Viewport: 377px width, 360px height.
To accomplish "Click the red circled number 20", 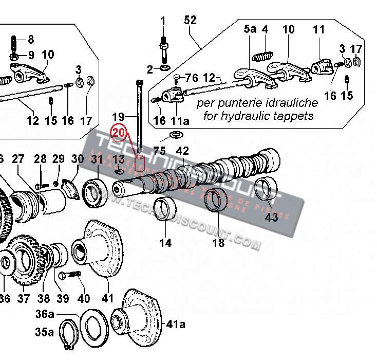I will tap(119, 133).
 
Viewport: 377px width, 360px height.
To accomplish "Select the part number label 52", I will tap(190, 20).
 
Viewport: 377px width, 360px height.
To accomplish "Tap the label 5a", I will tap(249, 29).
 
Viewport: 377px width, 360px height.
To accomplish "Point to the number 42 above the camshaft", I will tap(183, 151).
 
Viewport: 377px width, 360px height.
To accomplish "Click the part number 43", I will tap(271, 217).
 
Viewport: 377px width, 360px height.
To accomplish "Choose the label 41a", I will tap(175, 324).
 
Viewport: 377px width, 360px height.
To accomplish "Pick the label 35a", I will tap(44, 332).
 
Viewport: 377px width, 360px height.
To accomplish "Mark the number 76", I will tap(191, 78).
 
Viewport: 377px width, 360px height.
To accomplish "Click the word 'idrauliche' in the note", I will tap(294, 103).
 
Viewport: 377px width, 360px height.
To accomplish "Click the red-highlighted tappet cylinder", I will tap(139, 164).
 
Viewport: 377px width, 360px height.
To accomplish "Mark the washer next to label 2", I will tap(165, 68).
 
